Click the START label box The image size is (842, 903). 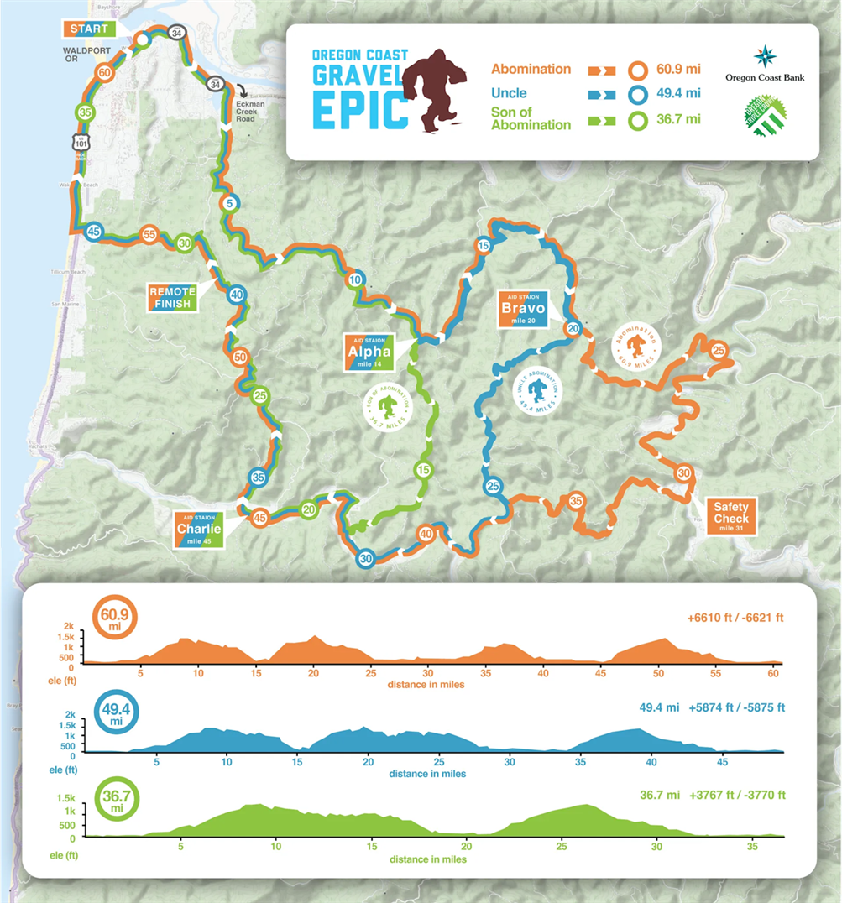pos(89,29)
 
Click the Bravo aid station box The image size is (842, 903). pos(523,308)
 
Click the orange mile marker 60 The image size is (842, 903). pos(105,72)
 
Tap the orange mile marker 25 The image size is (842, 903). pos(719,351)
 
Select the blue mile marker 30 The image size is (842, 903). pos(365,559)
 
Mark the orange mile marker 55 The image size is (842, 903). pos(149,234)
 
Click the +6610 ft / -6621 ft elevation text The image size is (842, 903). pos(735,618)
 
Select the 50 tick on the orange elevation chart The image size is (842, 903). pos(659,673)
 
